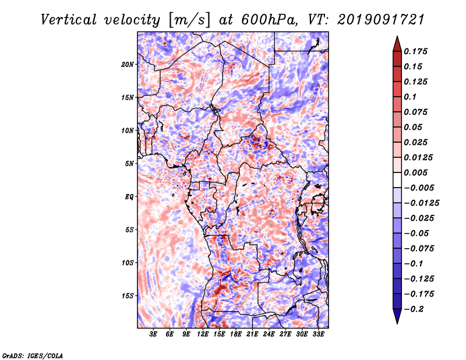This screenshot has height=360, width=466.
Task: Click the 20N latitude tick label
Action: [127, 65]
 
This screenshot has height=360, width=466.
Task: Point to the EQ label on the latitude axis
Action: [129, 197]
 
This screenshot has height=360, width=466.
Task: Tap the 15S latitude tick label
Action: [127, 296]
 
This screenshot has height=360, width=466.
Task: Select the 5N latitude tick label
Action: [129, 164]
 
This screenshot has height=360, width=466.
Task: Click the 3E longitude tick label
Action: [153, 334]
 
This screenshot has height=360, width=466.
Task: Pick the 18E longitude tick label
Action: [236, 334]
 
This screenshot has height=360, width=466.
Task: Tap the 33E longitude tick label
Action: [318, 334]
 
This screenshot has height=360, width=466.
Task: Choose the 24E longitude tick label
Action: [269, 334]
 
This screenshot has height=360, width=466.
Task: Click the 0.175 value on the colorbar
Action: [415, 51]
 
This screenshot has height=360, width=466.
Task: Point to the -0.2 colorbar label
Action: [414, 309]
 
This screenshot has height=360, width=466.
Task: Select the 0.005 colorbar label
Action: [415, 172]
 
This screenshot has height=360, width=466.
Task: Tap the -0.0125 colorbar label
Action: [421, 203]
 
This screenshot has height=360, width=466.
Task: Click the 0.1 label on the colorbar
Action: [410, 97]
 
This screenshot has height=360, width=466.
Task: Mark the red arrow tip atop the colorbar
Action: [397, 37]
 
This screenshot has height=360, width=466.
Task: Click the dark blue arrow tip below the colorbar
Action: [397, 323]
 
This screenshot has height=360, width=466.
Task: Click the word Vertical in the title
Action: [69, 20]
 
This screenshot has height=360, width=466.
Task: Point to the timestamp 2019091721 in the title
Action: [381, 20]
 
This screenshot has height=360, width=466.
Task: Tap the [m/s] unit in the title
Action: [189, 20]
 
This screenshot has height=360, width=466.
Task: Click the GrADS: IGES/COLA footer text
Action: [33, 355]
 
